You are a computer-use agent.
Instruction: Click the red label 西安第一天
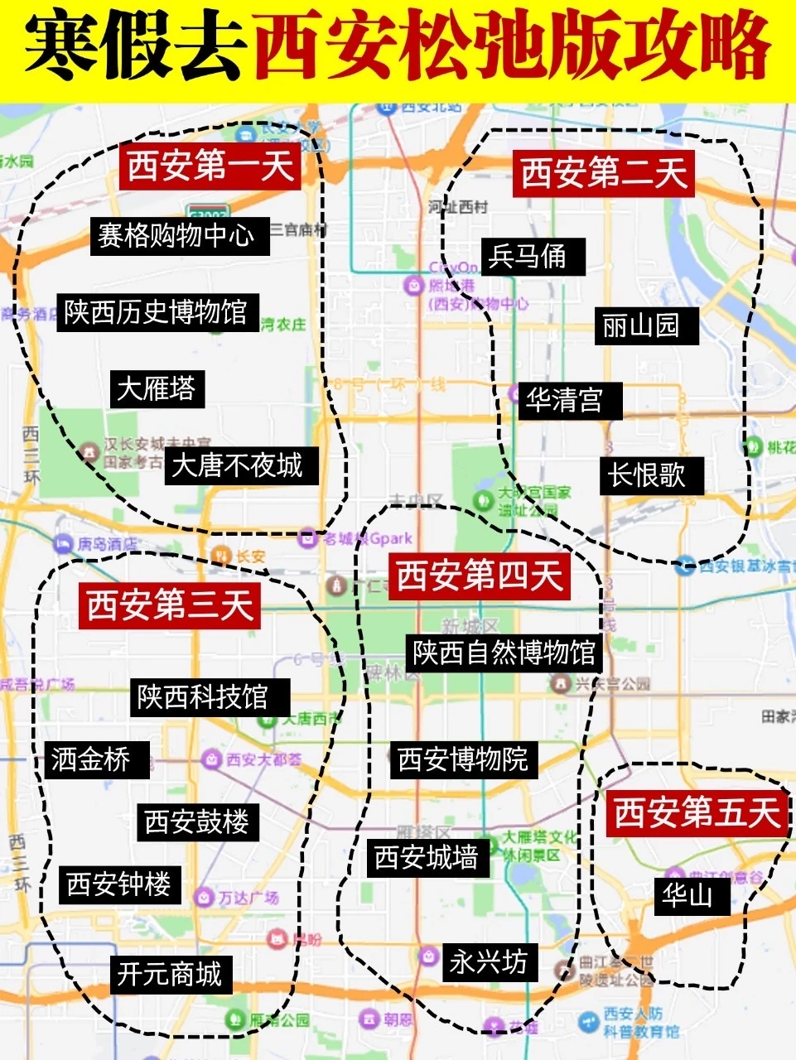click(210, 166)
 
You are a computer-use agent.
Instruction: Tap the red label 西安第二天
click(604, 174)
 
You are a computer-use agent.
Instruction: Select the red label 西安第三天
click(170, 605)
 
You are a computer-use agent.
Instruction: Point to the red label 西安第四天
click(480, 576)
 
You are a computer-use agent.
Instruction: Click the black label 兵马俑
click(527, 256)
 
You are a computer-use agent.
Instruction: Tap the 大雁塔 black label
click(156, 388)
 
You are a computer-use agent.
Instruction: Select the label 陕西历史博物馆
click(157, 311)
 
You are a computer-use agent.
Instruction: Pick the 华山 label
click(687, 895)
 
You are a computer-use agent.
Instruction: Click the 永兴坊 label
click(488, 961)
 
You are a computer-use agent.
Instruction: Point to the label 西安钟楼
click(119, 884)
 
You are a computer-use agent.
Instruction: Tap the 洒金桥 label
click(91, 759)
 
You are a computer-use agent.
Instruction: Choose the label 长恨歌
click(647, 475)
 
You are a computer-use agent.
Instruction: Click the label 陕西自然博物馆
click(504, 653)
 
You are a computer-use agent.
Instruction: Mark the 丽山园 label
click(640, 325)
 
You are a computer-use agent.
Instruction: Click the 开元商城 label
click(169, 974)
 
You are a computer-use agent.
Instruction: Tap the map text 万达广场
click(248, 898)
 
